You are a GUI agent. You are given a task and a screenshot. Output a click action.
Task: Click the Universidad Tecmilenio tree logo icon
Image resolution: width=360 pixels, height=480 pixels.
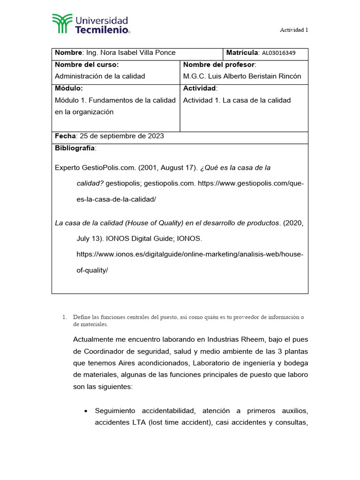coord(62,24)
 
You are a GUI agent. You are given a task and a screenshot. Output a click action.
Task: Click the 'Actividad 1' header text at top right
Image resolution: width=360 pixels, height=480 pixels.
coord(294,30)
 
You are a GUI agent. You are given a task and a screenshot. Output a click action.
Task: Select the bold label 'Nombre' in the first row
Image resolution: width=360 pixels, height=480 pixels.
coord(68,52)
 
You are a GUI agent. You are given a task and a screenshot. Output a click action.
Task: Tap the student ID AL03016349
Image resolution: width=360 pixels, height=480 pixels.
coord(278,53)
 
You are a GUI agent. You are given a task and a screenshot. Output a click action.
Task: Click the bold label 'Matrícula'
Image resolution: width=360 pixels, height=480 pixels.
coord(242,52)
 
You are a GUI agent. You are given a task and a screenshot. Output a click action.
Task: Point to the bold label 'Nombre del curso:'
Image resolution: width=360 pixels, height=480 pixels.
coord(87,64)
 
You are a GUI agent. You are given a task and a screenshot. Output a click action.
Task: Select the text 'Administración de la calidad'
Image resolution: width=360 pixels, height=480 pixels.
coord(100,76)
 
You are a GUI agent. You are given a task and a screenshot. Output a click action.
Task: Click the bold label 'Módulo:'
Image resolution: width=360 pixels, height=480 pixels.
coord(69,88)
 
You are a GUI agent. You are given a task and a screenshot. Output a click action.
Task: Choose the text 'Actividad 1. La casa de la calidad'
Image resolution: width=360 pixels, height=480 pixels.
coord(237,100)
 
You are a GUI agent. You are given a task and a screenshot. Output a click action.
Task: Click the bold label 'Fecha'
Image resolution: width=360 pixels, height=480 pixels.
coord(65,136)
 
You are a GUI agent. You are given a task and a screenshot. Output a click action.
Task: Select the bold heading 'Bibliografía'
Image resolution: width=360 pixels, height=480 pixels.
coord(75,148)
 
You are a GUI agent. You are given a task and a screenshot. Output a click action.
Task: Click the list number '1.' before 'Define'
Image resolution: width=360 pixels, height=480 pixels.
coord(65,317)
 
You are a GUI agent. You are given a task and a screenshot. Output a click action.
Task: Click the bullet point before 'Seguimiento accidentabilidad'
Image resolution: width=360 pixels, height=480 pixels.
coord(85,411)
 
